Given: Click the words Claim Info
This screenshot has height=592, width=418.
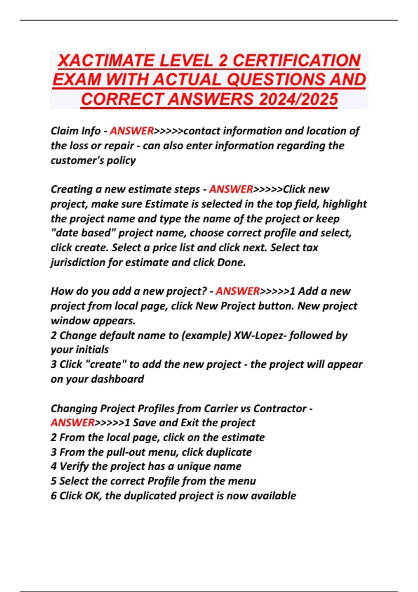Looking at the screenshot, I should click(76, 131).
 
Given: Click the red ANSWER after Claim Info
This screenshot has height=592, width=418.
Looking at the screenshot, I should click(132, 131).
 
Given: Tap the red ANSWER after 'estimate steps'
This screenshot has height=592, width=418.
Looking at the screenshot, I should click(231, 189).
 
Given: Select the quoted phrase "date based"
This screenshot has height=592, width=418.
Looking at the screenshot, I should click(83, 233).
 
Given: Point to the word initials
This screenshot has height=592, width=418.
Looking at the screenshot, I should click(92, 350).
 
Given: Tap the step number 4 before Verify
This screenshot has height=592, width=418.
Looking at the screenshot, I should click(54, 466).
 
